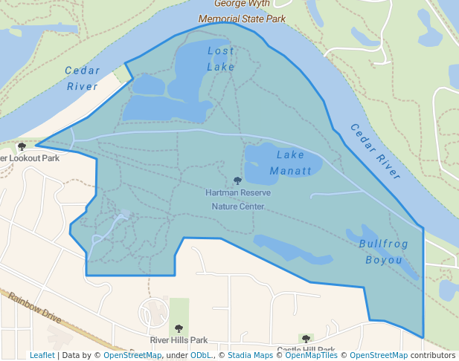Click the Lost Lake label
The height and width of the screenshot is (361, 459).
221,59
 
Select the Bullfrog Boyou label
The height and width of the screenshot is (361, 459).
384,252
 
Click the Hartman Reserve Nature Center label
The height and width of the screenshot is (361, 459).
238,199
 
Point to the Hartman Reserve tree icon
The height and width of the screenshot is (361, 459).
238,180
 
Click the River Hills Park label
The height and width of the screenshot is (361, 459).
179,340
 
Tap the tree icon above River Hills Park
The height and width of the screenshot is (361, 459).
179,328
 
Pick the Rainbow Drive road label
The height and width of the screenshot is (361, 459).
35,307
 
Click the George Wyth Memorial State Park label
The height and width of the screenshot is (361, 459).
243,10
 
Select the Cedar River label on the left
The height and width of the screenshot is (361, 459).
82,78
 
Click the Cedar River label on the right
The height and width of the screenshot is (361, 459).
374,152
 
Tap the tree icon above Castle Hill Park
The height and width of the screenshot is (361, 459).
305,339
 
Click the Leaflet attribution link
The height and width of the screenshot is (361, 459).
42,355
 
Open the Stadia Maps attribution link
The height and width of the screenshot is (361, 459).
250,355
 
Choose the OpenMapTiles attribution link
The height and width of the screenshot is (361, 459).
312,355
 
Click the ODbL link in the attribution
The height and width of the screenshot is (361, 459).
200,355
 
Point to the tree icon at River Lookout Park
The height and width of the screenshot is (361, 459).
22,147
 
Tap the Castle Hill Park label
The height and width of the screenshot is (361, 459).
306,349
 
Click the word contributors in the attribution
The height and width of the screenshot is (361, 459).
432,355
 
